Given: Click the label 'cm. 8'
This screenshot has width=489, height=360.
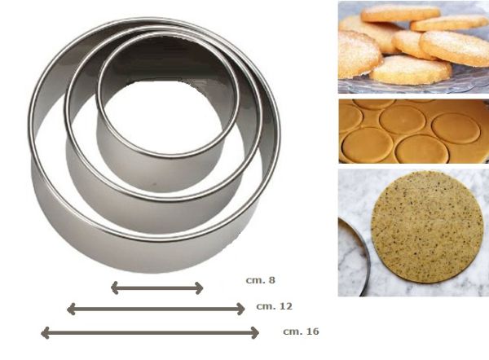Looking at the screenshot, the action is (261, 280).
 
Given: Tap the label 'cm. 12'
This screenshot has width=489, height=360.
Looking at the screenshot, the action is (274, 306).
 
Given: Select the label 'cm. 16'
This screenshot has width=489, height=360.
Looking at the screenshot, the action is (301, 331).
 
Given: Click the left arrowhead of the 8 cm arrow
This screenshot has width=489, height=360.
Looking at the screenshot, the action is (114, 288).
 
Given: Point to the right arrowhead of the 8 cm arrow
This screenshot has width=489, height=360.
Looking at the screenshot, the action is (200, 288).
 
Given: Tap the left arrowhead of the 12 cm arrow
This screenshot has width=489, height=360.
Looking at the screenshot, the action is (71, 309).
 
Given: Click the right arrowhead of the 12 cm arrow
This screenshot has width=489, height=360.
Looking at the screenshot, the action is (241, 309).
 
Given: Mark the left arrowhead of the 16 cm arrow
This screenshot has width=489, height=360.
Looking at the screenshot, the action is (45, 333).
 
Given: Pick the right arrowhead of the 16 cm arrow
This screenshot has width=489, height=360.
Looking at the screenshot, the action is (255, 333).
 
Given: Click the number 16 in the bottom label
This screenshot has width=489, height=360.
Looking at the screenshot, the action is (312, 331).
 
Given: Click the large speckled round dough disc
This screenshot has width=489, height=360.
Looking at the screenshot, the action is (427, 227).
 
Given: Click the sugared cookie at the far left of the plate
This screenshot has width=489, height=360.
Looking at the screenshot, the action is (359, 55).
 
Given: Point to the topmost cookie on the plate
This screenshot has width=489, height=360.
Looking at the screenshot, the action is (400, 13).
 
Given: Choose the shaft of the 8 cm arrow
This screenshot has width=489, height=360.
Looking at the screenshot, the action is (157, 288).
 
